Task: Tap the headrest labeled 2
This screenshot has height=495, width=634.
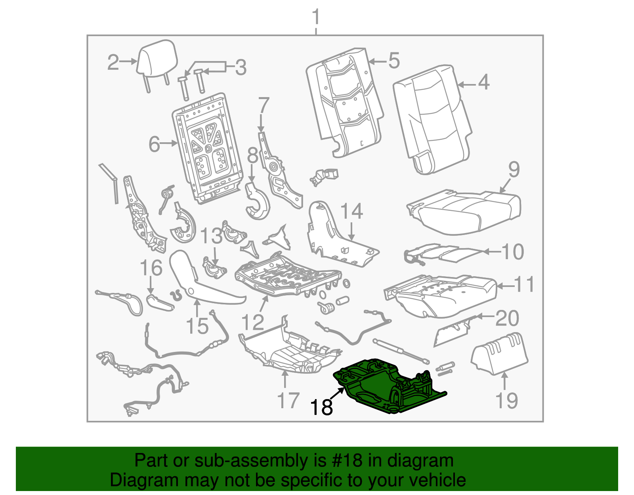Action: [x=157, y=59]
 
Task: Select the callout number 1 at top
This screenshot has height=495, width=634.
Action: [x=315, y=18]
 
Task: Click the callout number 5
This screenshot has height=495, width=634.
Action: [x=393, y=61]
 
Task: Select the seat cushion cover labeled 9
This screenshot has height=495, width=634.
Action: [x=464, y=212]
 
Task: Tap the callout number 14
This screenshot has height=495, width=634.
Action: [x=351, y=211]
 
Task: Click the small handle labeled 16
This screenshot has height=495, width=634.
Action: [x=160, y=303]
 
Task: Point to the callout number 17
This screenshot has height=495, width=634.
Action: [x=288, y=400]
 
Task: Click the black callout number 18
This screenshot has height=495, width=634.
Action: [x=321, y=407]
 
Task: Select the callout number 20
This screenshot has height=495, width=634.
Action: [x=507, y=318]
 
